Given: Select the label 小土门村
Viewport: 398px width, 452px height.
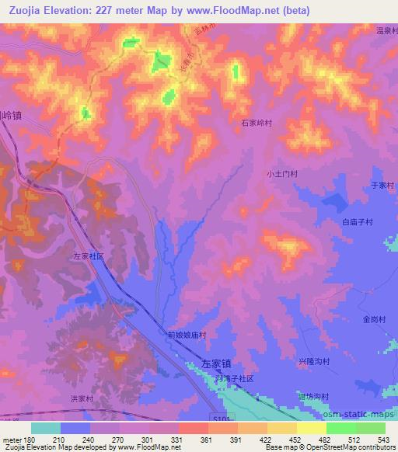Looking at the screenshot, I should point(282,175).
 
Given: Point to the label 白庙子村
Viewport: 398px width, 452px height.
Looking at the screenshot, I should point(358,221).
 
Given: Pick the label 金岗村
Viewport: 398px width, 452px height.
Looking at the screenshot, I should point(374,319).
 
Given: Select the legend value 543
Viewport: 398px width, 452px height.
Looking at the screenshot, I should point(383,439).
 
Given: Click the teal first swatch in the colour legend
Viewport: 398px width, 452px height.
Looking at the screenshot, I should point(46,428).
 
